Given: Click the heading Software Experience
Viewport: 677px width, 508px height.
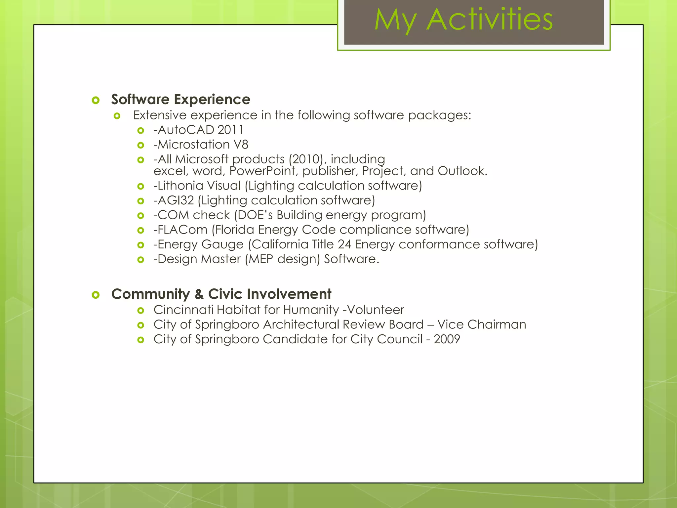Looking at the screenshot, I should coord(180,99).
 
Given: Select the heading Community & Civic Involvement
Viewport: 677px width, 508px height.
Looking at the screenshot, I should coord(221,294).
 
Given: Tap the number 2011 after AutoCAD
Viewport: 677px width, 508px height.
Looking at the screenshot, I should coord(230,130).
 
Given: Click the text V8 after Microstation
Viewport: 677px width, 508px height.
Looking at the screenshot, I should coord(241,145).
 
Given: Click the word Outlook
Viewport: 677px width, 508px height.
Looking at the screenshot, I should coord(462,171).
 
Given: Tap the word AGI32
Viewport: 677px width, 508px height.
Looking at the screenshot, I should coord(176,200).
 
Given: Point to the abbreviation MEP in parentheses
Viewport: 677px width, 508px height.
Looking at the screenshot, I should coord(261,259).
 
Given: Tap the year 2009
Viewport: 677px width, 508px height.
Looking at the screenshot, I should coord(447,339).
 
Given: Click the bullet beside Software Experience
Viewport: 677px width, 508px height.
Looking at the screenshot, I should coord(96,100).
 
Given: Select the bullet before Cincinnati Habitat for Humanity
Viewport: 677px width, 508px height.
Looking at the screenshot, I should coord(141,311).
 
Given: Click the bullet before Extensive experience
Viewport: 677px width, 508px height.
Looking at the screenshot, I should coord(117,116).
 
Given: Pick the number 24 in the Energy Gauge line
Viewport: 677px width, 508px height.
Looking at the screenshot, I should coord(344,244).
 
